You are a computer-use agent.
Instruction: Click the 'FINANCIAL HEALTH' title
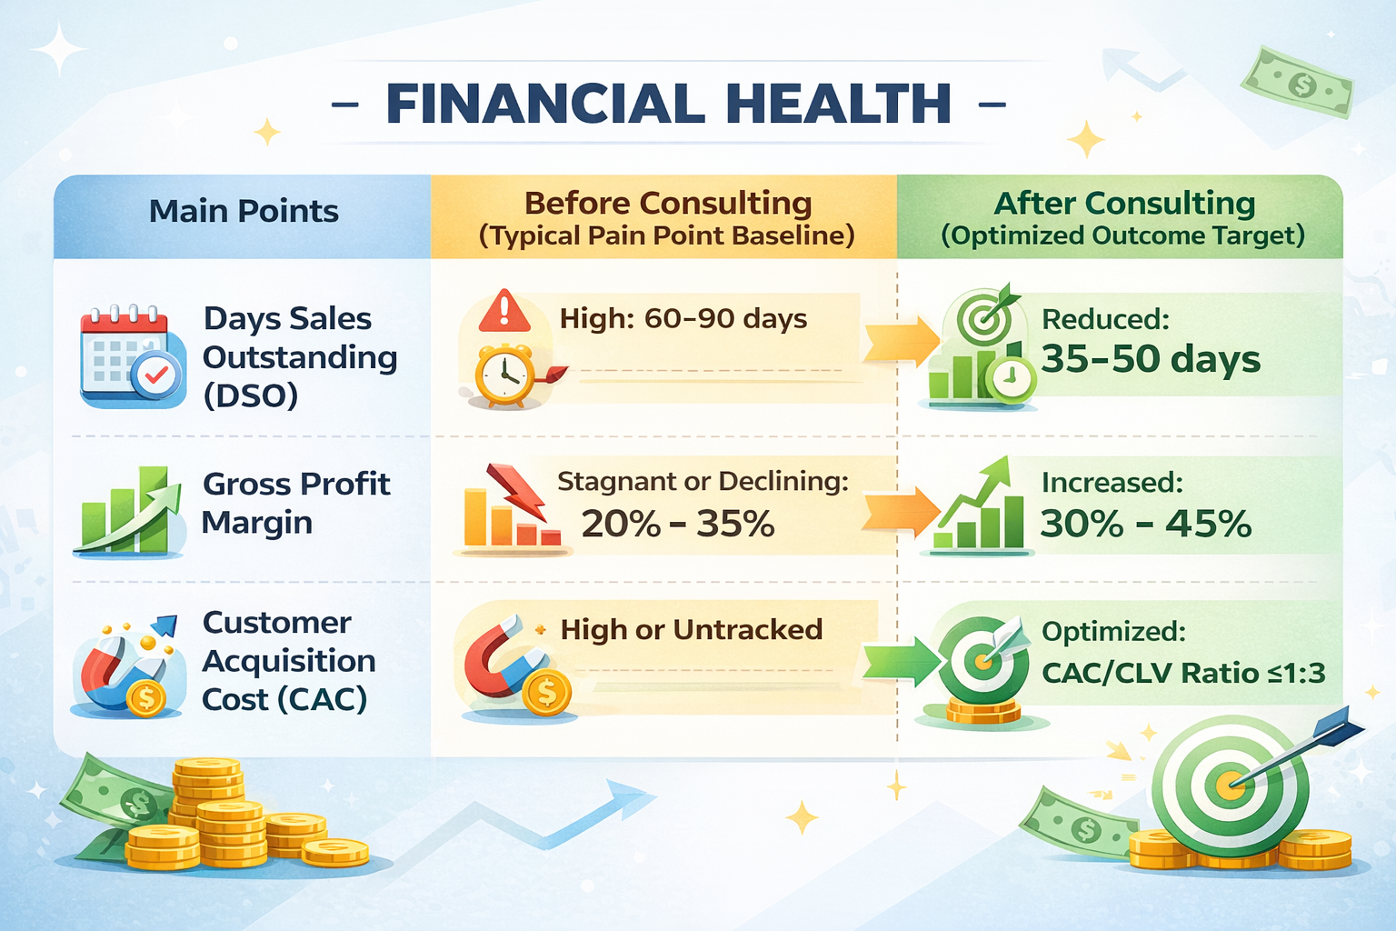[x=668, y=103]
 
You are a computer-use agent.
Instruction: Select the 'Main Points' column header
[x=244, y=211]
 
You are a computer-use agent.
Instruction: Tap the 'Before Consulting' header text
[x=667, y=203]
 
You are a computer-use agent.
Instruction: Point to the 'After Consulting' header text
[x=1124, y=203]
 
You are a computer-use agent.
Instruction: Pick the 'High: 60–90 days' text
[x=683, y=319]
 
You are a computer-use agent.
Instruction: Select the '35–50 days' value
[x=1151, y=359]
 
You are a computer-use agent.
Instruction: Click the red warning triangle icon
[x=504, y=311]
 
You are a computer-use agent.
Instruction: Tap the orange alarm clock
[x=505, y=375]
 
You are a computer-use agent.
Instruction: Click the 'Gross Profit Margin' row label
[x=295, y=503]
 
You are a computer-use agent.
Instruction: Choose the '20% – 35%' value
[x=677, y=524]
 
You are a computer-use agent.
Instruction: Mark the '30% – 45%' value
[x=1145, y=524]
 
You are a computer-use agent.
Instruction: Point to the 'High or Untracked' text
[x=691, y=629]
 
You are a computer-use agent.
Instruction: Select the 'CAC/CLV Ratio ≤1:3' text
[x=1182, y=673]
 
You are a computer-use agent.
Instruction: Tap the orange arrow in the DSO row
[x=900, y=341]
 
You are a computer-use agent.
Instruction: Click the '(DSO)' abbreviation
[x=250, y=395]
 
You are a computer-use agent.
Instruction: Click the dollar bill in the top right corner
[x=1297, y=83]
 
